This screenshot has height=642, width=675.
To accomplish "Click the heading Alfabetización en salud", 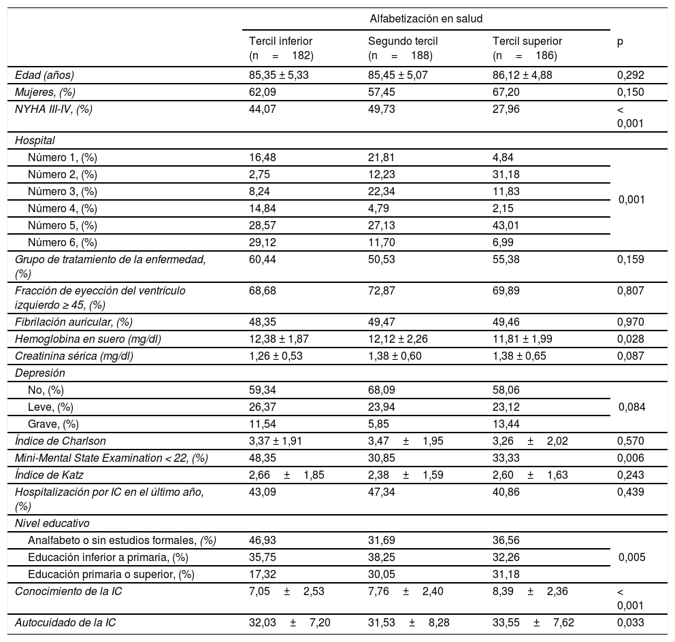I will click(x=426, y=18).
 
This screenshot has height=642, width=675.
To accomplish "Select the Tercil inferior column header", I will click(x=281, y=41).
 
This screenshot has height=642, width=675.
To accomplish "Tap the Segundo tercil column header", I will click(x=403, y=41).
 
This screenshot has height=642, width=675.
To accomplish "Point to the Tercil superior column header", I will click(x=527, y=41).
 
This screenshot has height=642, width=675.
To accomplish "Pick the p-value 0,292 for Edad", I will click(x=630, y=75).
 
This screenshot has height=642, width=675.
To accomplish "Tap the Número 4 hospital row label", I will click(x=63, y=208).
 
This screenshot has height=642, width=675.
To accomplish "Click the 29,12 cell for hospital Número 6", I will click(x=263, y=241).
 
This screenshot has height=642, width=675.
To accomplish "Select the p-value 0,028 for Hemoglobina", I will click(x=630, y=338).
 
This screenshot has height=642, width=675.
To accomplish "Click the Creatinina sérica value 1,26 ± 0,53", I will click(x=279, y=355).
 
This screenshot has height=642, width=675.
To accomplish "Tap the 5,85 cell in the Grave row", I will click(x=378, y=424).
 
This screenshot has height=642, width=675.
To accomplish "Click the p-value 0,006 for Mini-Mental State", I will click(x=630, y=458).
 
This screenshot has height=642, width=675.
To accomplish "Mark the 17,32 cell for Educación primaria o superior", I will click(x=263, y=574).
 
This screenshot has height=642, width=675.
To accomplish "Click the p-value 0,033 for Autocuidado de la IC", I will click(x=630, y=623).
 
